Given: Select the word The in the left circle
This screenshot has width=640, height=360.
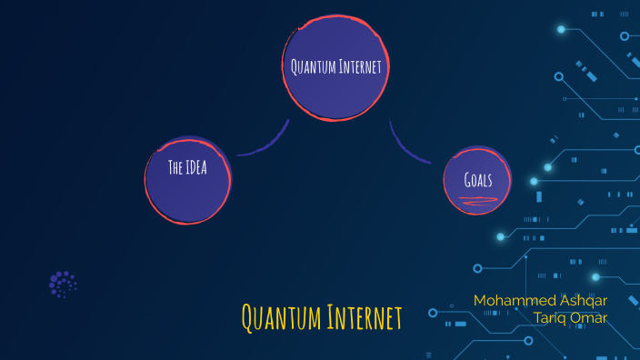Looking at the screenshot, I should (177, 167).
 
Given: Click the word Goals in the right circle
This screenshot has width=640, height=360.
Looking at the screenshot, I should (478, 179).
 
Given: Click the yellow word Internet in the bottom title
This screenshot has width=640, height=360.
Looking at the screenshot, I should (362, 318).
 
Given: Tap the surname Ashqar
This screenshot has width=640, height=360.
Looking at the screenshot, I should (582, 300).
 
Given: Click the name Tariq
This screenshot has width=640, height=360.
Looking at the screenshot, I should (554, 317).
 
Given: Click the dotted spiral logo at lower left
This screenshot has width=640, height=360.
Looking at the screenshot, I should (63, 285).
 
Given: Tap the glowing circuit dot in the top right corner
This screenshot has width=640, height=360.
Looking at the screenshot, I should (561, 29).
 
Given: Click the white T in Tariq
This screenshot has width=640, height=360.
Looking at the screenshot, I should (539, 317).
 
